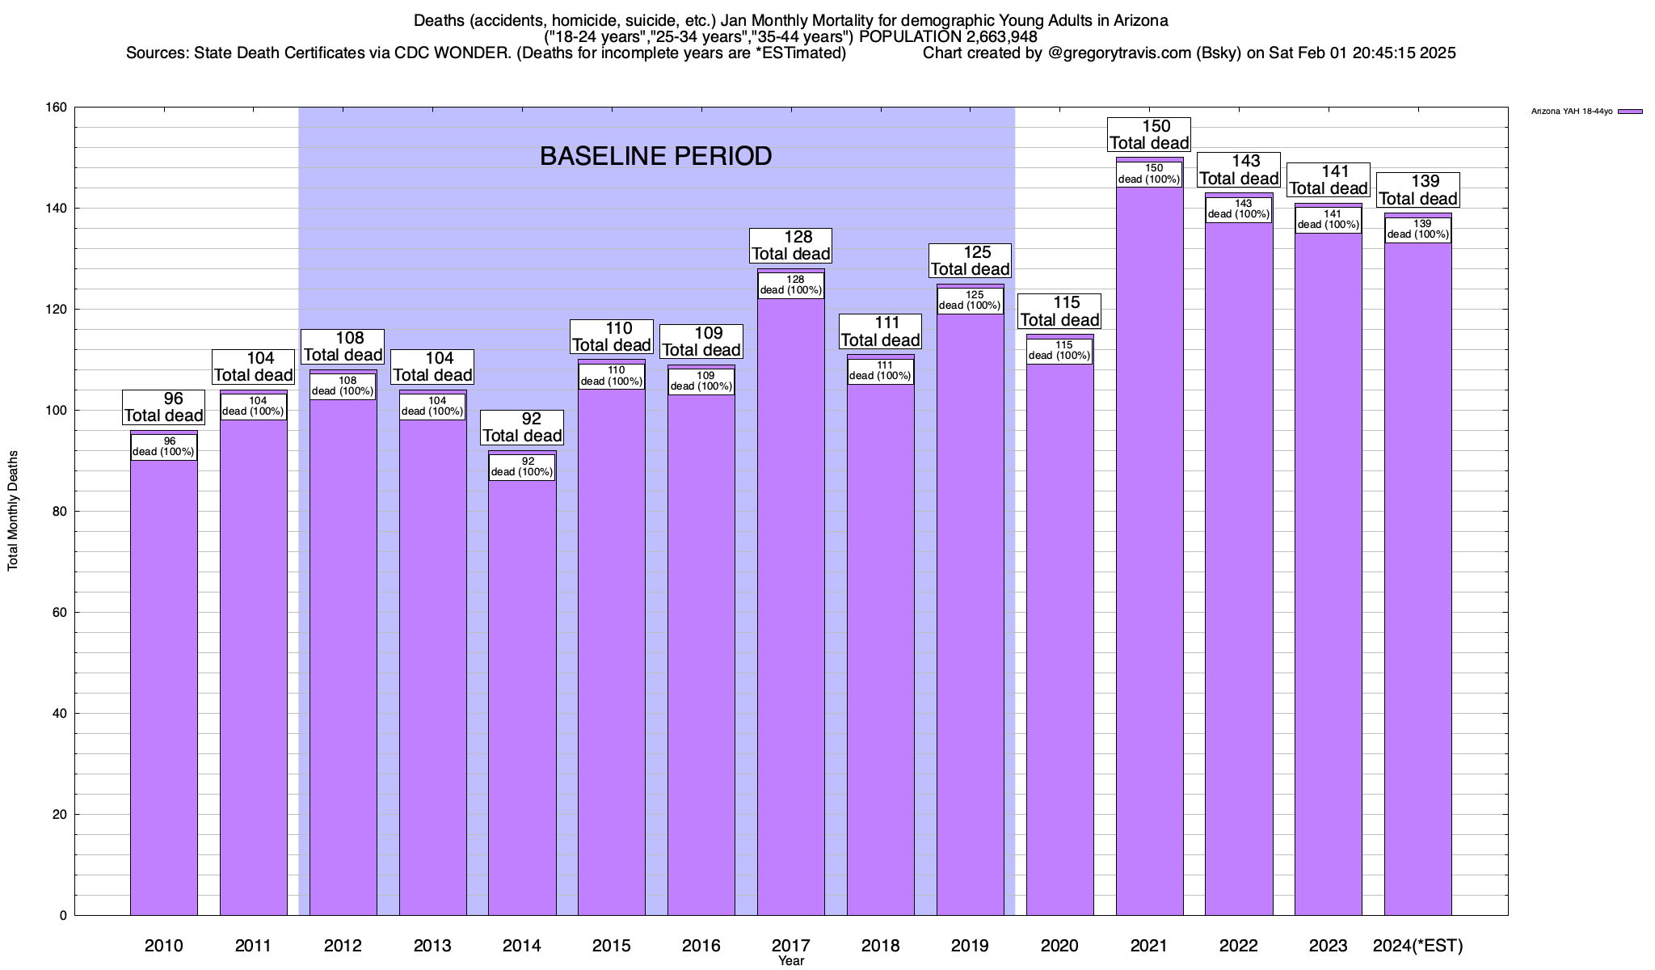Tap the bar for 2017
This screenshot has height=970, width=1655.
pos(791,606)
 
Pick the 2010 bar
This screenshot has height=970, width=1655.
pos(164,687)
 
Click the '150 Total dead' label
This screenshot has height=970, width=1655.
pos(1149,135)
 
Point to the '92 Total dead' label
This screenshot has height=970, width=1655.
pos(522,428)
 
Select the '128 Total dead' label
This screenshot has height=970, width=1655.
pos(791,246)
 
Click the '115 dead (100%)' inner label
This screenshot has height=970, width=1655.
pos(1059,350)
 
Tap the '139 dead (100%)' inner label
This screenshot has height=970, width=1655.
pos(1417,230)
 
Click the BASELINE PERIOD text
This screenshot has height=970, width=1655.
pos(655,156)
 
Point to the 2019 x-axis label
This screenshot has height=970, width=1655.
pos(970,946)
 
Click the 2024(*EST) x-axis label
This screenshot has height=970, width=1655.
pos(1417,946)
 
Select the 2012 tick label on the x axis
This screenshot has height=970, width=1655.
pos(343,946)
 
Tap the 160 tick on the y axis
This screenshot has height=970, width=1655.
pos(57,108)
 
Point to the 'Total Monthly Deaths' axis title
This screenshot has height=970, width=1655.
pos(13,511)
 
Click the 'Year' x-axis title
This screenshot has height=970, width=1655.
pos(791,961)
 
